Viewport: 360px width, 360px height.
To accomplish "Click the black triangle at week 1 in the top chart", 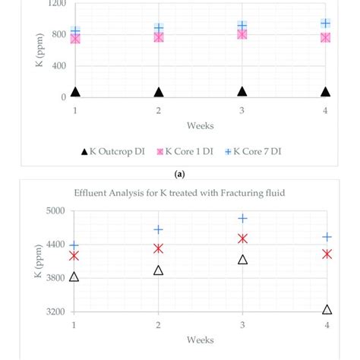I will point(75,92).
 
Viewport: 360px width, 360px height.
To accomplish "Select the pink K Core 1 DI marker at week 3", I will point(242,33).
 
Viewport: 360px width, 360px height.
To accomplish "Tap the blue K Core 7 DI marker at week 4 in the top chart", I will point(326,24).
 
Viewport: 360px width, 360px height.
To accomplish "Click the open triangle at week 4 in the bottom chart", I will point(327,309).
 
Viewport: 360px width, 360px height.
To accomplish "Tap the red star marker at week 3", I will point(242,238).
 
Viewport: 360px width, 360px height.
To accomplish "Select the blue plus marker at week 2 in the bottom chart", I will point(159,229).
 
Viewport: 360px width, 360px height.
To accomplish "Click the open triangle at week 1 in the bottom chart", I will point(74,276).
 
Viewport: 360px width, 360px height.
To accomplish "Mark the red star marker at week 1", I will point(74,256).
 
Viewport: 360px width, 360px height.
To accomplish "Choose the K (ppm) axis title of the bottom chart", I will point(37,261).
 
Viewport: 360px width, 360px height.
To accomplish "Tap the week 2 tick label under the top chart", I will point(159,111).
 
